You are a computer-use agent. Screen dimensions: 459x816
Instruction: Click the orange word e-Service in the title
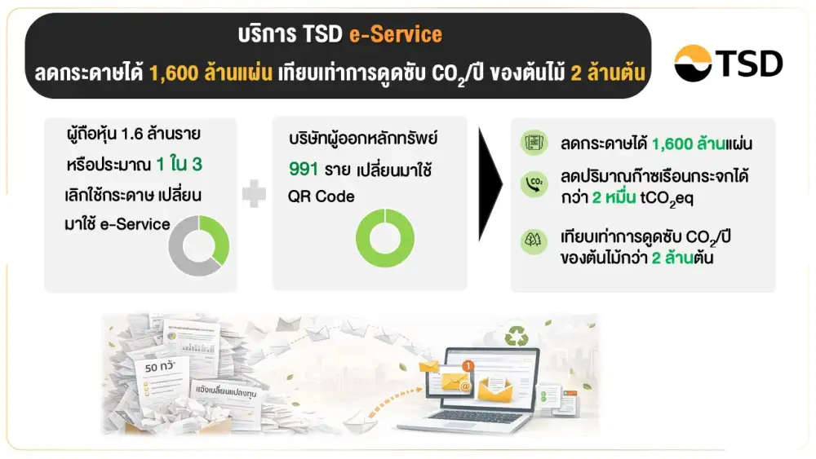point(396,35)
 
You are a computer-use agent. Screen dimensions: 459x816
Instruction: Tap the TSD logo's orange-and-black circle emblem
point(693,64)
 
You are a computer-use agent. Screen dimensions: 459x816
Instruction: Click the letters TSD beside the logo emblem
point(748,64)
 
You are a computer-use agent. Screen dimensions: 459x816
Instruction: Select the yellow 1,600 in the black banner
point(174,73)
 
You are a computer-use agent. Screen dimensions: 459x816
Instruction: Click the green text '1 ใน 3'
point(179,166)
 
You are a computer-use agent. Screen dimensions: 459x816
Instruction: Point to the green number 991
point(304,170)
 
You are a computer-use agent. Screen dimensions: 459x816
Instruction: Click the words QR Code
point(320,196)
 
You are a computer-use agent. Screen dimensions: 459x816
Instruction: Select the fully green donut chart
point(385,237)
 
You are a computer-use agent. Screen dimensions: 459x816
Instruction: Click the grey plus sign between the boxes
point(255,195)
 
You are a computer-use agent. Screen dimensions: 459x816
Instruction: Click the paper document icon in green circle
point(534,143)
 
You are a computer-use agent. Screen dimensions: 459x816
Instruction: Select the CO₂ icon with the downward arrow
point(534,183)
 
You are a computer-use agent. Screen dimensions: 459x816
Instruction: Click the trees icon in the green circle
point(534,241)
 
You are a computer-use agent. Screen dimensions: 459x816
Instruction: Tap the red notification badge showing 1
point(468,366)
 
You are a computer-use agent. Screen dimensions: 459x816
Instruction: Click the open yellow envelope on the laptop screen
point(494,391)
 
